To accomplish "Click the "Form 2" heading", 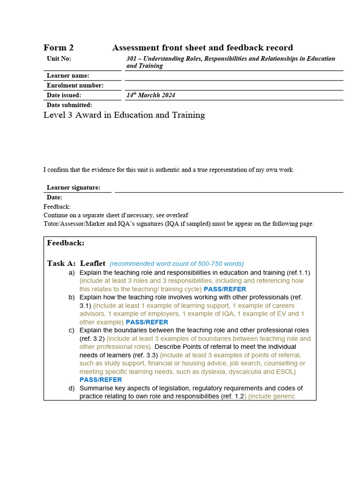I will coord(59,48).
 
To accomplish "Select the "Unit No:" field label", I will coord(59,59).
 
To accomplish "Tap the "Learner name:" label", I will coord(68,75).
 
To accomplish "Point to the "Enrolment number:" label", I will coord(75,85).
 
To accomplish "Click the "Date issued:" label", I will coord(64,95).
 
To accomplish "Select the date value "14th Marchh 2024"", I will coord(150,95).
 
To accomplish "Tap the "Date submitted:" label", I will coord(69,105).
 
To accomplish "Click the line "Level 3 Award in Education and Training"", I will coord(124,115).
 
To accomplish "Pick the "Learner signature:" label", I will coord(74,187).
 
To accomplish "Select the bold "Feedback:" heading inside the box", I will coord(66,243).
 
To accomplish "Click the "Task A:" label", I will coord(61,263).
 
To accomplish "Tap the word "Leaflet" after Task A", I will coord(93,263).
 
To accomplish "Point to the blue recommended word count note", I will coord(177,264).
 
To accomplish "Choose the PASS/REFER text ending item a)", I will coord(225,289).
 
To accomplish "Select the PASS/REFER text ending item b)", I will coord(147,322).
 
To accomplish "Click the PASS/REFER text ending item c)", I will coord(101,380).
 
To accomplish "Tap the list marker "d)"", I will coord(71,388).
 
